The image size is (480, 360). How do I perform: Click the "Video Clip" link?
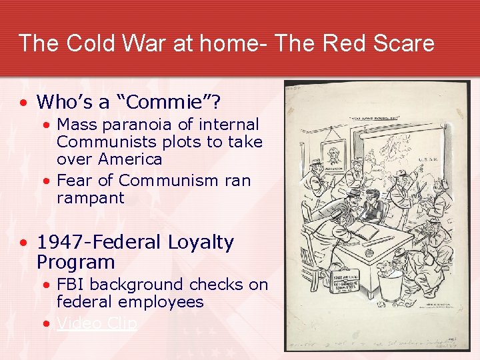coord(97,323)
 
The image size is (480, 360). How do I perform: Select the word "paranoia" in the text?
coord(145,125)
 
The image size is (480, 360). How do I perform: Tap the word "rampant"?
coord(90,198)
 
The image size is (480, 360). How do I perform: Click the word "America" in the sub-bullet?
coord(129,159)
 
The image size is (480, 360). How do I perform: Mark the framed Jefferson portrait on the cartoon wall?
coord(333,157)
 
